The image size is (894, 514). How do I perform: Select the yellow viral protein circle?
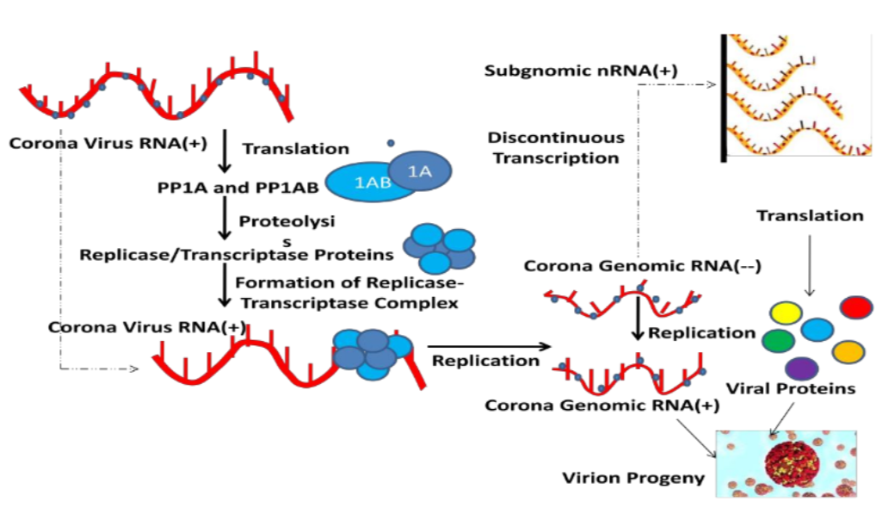point(785,313)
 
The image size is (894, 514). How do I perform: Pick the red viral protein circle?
point(856,307)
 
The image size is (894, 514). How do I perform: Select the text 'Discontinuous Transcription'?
point(555,147)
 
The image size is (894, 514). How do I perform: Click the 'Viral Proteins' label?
point(791,388)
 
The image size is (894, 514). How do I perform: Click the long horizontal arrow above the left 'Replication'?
point(487,346)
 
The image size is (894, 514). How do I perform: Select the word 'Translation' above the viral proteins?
point(810,215)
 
